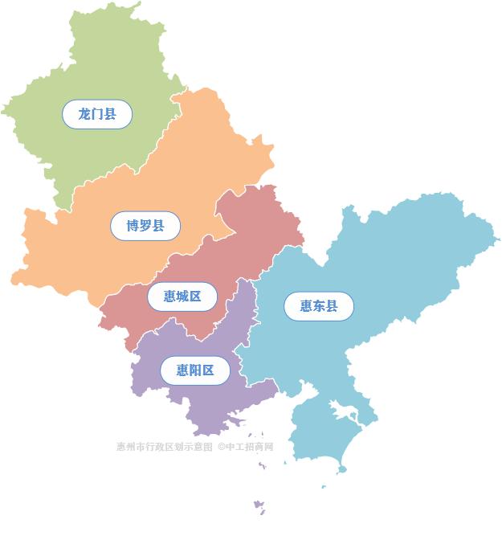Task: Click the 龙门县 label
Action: pos(97,114)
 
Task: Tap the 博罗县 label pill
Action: pos(145,226)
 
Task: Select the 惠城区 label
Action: pos(182,297)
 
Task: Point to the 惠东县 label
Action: pos(319,306)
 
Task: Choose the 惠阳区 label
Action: pos(196,370)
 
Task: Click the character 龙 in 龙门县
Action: pos(84,114)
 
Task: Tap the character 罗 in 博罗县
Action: pos(145,226)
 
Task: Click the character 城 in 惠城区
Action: pos(182,297)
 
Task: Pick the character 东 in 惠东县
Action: pos(319,306)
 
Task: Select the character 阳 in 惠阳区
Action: pos(196,370)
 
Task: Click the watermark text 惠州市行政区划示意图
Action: pos(165,447)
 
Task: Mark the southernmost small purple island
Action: pos(259,505)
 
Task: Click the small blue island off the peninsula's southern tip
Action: pos(343,469)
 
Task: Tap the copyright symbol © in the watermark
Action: pos(221,447)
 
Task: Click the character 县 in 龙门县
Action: pos(110,114)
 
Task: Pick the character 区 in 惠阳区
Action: pos(209,370)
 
